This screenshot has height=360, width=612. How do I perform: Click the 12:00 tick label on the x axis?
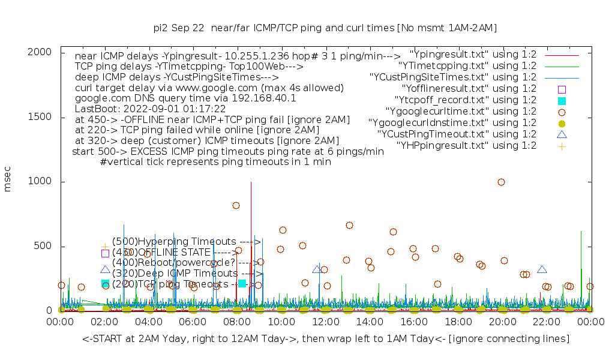(325, 322)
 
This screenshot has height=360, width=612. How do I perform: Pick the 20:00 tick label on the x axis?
(502, 322)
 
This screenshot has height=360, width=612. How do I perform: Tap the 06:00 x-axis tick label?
(193, 322)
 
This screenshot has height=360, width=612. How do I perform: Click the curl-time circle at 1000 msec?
(501, 182)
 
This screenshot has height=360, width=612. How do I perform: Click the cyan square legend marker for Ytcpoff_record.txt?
(562, 100)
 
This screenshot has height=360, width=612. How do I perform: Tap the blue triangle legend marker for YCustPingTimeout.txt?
(562, 134)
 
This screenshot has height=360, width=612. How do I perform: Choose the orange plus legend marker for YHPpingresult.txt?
(562, 146)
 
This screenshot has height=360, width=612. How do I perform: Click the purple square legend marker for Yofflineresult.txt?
(562, 89)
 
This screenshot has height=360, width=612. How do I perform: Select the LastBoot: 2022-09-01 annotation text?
(150, 109)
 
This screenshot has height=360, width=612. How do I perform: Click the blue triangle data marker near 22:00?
(542, 270)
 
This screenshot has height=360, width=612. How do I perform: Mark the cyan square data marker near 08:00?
(242, 283)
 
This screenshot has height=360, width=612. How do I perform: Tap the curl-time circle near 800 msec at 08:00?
(236, 205)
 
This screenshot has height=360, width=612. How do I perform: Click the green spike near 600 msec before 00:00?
(581, 234)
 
